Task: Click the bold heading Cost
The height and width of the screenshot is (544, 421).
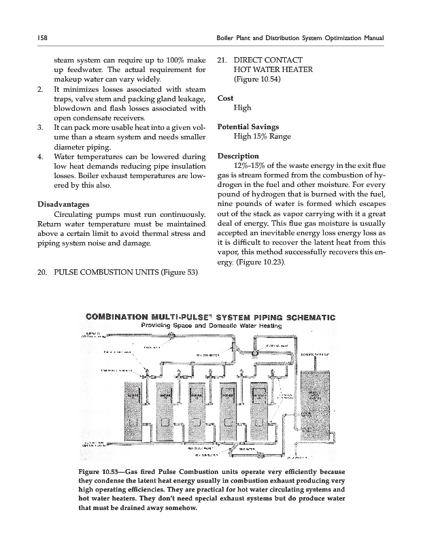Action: pyautogui.click(x=225, y=98)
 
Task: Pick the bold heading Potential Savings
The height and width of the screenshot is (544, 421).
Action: pyautogui.click(x=250, y=126)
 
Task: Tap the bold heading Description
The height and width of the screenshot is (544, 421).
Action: pyautogui.click(x=239, y=156)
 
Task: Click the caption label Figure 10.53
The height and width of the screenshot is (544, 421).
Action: pyautogui.click(x=99, y=472)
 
